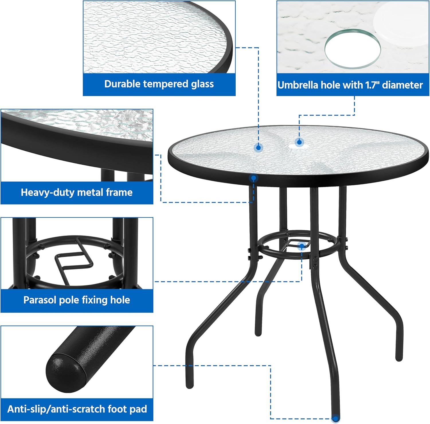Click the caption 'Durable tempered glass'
(159, 84)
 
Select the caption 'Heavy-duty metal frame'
(77, 192)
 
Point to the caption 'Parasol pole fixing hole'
(77, 300)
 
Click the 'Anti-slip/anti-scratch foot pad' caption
(77, 409)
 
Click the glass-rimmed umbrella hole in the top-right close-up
(352, 49)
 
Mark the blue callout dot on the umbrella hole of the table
(299, 142)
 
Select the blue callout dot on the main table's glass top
(258, 148)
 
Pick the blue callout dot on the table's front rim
(253, 178)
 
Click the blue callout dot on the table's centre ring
(302, 246)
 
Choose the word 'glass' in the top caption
(202, 84)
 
